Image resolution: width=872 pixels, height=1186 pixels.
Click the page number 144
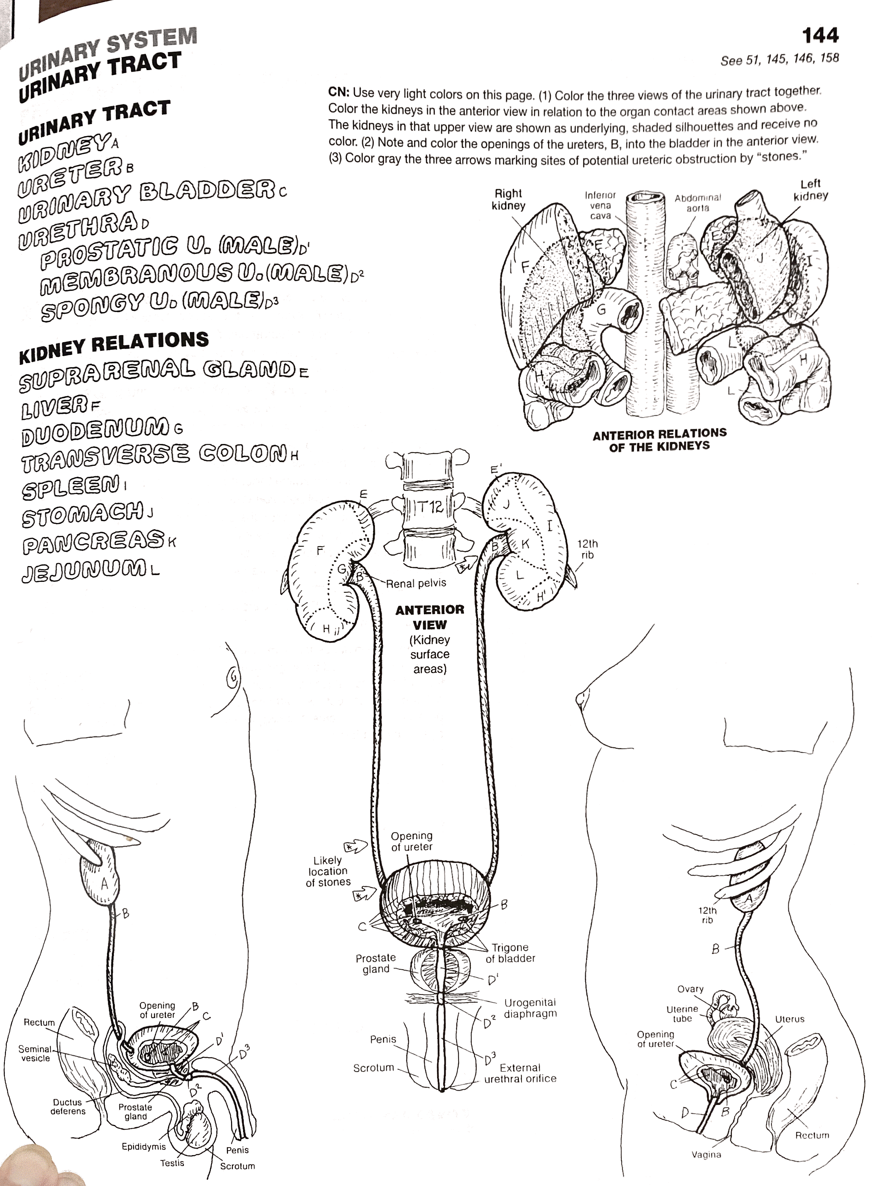pos(820,36)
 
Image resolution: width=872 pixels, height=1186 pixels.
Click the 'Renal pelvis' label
pos(416,583)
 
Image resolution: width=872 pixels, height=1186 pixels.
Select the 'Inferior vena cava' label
pos(600,205)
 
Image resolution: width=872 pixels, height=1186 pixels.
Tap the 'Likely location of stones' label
pos(328,871)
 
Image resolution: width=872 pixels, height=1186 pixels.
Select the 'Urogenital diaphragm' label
pos(530,1008)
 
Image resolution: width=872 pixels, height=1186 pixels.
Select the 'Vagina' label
pos(706,1154)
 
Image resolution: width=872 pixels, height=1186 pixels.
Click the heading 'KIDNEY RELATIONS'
pos(113,347)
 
